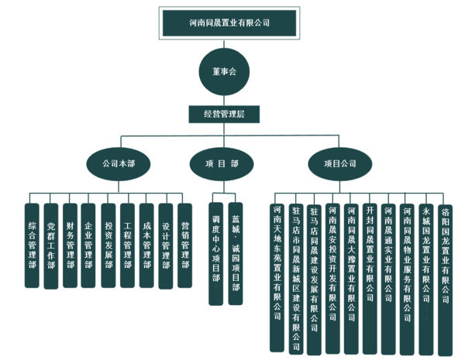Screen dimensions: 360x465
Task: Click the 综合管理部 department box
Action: (32, 244)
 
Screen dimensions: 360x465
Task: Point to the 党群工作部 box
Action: (51, 244)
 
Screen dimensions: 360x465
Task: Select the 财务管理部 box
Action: (70, 244)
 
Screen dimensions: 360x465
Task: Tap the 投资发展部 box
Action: (108, 244)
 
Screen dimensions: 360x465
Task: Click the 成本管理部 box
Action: (146, 244)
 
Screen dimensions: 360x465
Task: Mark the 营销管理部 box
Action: (184, 244)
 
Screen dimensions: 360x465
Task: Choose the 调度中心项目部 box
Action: (216, 252)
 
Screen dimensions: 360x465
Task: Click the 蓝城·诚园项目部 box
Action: (236, 252)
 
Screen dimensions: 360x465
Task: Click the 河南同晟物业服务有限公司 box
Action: (407, 271)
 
